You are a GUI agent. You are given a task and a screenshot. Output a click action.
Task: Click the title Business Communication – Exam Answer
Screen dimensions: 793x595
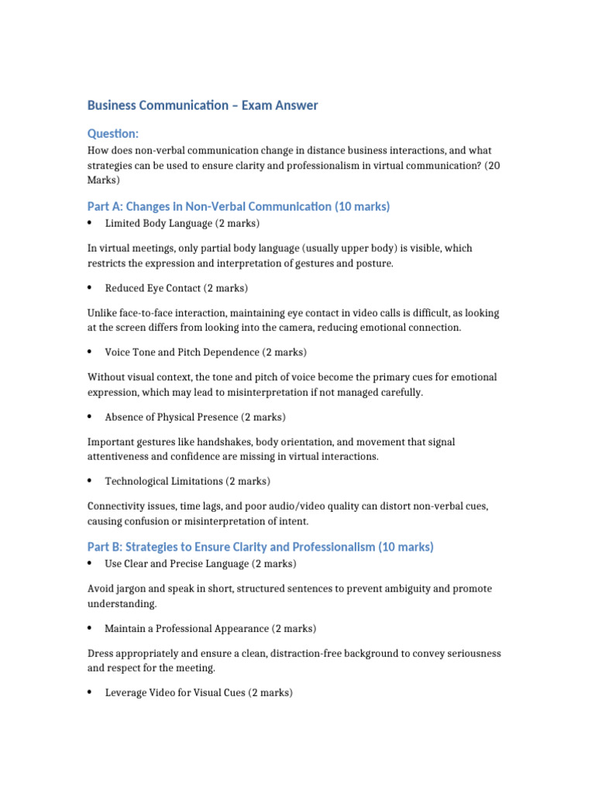point(202,105)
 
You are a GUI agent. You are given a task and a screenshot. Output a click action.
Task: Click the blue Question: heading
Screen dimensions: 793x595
point(113,134)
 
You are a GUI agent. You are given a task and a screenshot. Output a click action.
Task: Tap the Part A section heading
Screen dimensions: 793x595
point(239,206)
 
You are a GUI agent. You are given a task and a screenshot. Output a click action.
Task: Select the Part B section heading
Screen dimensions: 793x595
point(260,547)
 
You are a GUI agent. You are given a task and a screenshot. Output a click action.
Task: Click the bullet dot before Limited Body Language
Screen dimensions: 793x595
point(91,223)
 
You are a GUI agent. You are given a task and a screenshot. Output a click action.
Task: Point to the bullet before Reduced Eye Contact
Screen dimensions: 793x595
point(91,287)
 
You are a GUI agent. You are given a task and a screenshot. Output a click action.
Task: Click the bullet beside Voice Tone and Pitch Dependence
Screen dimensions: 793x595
point(91,352)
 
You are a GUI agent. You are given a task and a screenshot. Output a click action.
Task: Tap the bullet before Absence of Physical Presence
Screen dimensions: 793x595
point(91,417)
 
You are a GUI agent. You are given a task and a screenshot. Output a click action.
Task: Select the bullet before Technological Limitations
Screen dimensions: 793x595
point(91,481)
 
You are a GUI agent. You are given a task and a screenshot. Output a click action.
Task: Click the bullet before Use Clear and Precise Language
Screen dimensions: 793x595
point(91,563)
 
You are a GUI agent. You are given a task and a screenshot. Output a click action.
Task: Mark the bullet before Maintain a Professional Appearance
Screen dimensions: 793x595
point(91,628)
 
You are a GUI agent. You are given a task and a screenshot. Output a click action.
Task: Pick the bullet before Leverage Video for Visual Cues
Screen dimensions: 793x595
point(91,692)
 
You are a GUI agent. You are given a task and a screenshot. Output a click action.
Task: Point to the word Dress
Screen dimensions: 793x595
point(101,654)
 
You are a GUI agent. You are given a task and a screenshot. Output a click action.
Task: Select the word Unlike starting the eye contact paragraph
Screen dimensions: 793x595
point(103,313)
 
